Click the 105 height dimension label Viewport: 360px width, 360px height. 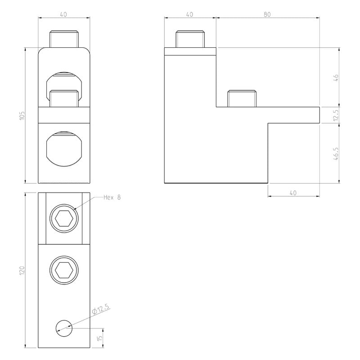tap(22, 116)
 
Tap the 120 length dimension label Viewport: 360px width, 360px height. tap(22, 271)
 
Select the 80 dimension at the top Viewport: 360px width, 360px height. tap(267, 14)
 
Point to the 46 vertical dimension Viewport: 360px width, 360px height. tap(336, 77)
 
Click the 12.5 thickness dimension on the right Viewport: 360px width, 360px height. tap(336, 115)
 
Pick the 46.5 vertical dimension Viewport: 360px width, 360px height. tap(336, 153)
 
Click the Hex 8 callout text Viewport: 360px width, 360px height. tap(112, 198)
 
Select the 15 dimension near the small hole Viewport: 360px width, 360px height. tap(99, 338)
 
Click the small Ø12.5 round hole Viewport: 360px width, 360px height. tap(64, 328)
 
